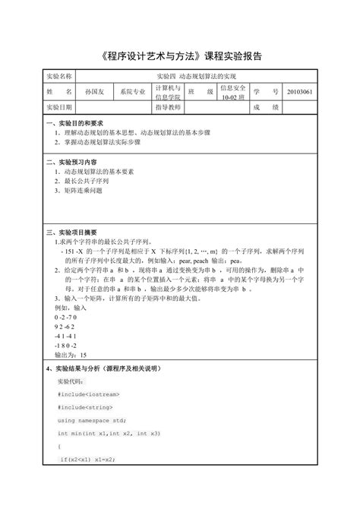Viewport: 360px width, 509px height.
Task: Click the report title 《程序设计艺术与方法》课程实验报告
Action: [180, 56]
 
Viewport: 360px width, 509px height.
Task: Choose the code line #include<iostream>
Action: [85, 395]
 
